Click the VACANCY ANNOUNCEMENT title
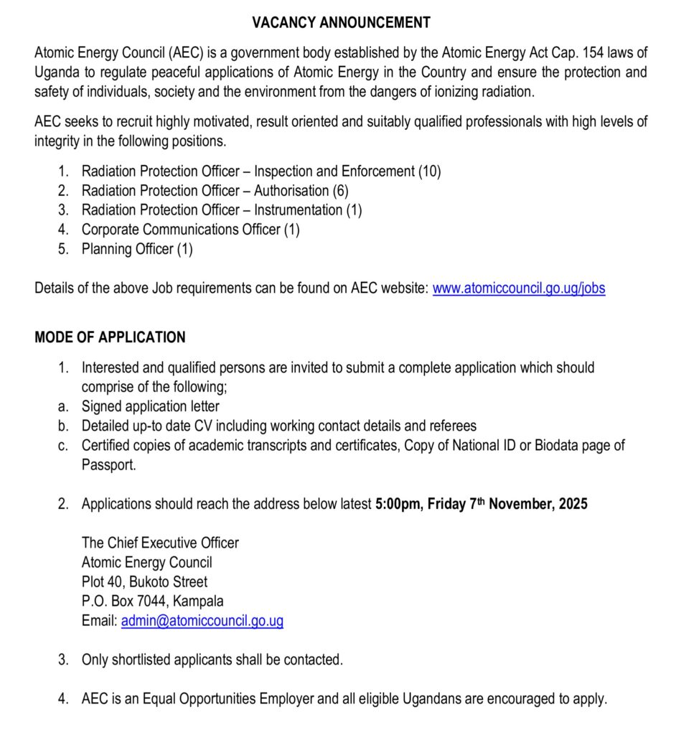(x=341, y=22)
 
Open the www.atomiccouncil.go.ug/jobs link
(x=518, y=289)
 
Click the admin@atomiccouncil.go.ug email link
(x=202, y=622)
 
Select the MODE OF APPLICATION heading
(x=110, y=337)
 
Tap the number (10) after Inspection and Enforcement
(x=430, y=172)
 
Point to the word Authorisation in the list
(x=291, y=191)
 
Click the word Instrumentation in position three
(x=298, y=210)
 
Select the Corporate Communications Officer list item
(x=190, y=230)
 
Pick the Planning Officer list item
(x=136, y=249)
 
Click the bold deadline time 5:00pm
(x=398, y=504)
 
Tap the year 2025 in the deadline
(x=572, y=504)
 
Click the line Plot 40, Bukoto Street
(x=144, y=582)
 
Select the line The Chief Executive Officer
(x=159, y=543)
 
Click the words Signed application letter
(x=150, y=406)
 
